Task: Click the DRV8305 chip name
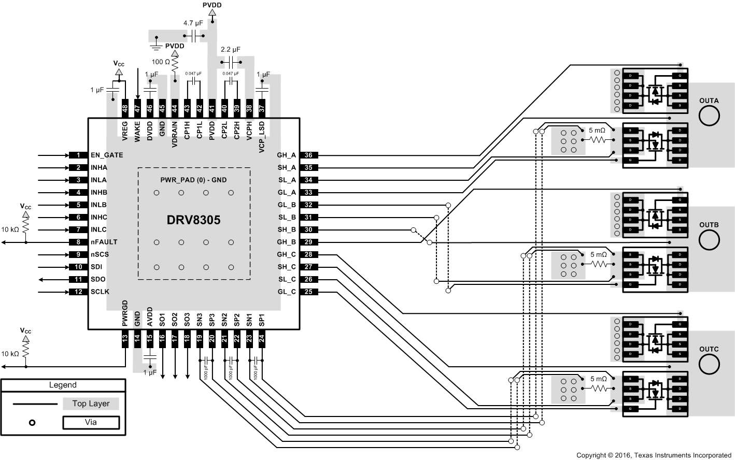(193, 220)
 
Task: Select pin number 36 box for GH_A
(308, 155)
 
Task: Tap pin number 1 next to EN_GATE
(78, 155)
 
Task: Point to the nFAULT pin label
(104, 242)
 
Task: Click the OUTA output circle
(709, 117)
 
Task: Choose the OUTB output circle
(709, 240)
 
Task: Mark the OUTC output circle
(709, 364)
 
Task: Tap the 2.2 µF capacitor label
(231, 49)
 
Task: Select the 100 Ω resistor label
(161, 62)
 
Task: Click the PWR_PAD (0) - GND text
(193, 180)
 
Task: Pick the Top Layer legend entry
(91, 404)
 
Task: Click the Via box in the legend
(91, 422)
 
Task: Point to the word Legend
(63, 385)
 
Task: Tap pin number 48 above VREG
(125, 108)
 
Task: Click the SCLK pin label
(100, 292)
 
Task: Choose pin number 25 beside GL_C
(308, 292)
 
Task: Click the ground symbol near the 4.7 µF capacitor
(156, 47)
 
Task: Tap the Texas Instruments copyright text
(654, 455)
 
